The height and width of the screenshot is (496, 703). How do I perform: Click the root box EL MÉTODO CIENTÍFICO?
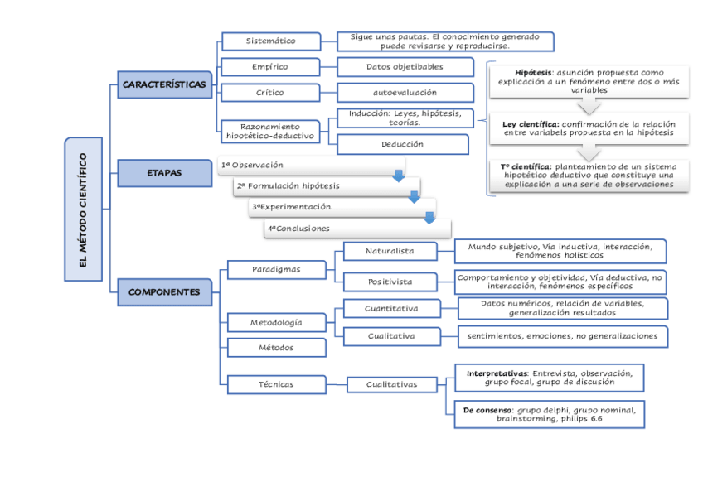tap(83, 209)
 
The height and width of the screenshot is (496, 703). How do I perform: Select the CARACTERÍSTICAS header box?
tap(165, 84)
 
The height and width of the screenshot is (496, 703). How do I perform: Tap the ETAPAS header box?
tap(165, 173)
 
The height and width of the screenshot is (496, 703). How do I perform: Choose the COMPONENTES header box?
tap(164, 291)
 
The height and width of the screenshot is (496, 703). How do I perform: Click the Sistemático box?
tap(270, 41)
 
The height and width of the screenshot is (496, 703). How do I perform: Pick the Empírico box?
tap(270, 67)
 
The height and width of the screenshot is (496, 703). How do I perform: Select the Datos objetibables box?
tap(405, 67)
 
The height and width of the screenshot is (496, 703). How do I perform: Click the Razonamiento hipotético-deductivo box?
tap(270, 131)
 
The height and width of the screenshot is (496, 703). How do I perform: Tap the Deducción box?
tap(402, 144)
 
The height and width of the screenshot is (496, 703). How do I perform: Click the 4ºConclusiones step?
tap(356, 229)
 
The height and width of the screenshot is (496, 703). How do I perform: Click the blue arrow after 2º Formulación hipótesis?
tap(414, 197)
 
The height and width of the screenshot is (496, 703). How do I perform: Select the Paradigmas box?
tap(276, 269)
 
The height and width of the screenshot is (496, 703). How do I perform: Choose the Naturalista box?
tap(390, 251)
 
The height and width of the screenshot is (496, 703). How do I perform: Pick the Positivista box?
tap(390, 282)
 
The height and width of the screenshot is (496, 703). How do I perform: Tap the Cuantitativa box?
tap(391, 309)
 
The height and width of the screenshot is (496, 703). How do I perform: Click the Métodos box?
tap(276, 348)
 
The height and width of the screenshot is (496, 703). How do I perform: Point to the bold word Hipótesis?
tap(534, 73)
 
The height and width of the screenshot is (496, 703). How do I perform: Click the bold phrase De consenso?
tap(487, 410)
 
